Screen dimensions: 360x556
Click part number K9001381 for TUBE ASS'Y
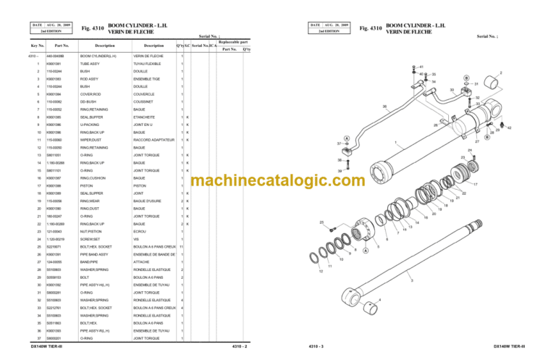click(55, 64)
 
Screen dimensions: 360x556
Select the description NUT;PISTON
click(90, 232)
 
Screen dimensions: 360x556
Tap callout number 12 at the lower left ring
click(322, 272)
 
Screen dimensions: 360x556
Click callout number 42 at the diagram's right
click(510, 127)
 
